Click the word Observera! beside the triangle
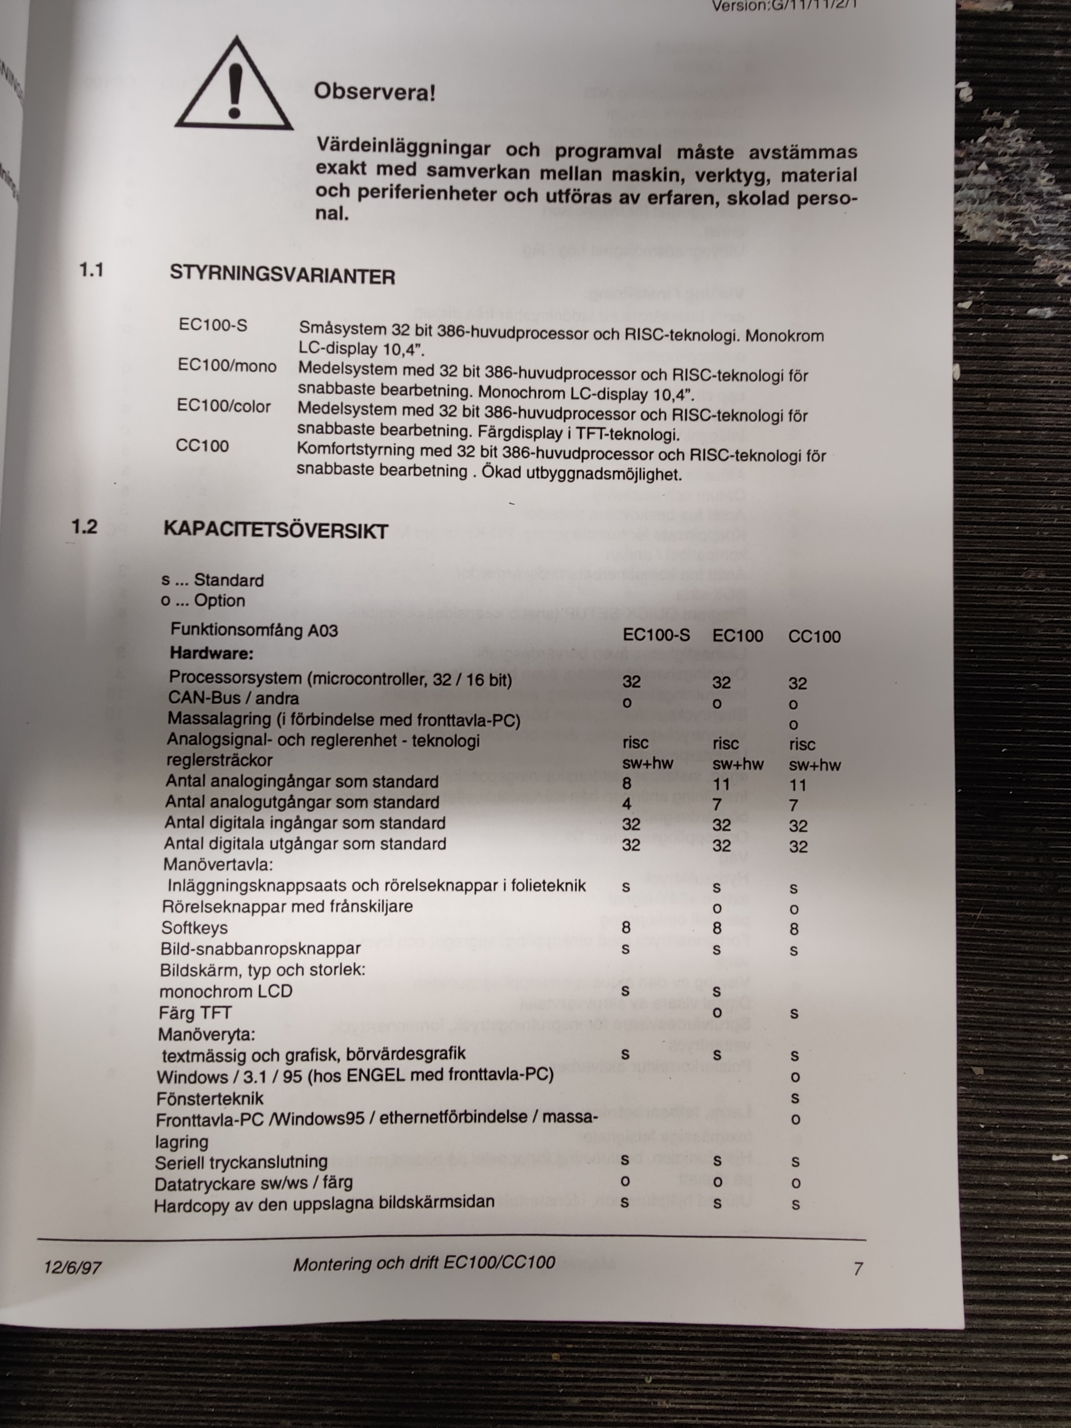click(x=374, y=92)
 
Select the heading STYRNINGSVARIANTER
click(x=282, y=276)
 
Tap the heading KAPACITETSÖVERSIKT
click(x=276, y=530)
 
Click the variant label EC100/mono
click(x=227, y=366)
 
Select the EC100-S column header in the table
click(x=656, y=635)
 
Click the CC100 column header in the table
click(x=814, y=637)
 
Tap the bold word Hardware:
click(x=212, y=653)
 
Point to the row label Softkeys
click(x=194, y=928)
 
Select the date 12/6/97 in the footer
click(x=72, y=1267)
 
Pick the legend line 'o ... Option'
click(x=203, y=600)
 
